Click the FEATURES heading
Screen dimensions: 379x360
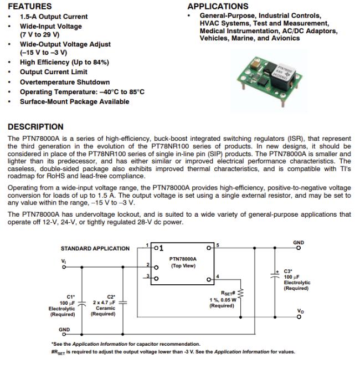(x=30, y=7)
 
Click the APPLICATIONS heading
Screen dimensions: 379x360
(x=218, y=7)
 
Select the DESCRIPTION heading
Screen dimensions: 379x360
(x=35, y=127)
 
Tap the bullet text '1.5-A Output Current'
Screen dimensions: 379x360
(x=54, y=17)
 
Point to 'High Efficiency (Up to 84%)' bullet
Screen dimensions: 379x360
(x=64, y=63)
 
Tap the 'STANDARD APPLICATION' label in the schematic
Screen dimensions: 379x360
(x=95, y=249)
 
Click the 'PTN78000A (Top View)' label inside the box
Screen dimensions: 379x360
(x=183, y=262)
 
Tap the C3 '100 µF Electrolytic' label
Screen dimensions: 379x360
(x=297, y=280)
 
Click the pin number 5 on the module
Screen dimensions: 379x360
(x=218, y=244)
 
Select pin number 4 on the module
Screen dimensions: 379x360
(x=218, y=276)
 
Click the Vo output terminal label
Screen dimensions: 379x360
(x=300, y=312)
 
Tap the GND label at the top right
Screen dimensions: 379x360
(x=299, y=242)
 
